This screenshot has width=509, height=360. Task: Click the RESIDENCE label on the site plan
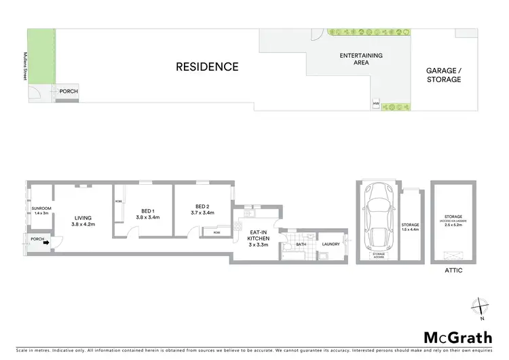[x=207, y=67]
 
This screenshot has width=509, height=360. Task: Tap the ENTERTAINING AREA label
[x=343, y=59]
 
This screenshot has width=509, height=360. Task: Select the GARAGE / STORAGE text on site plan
[x=443, y=75]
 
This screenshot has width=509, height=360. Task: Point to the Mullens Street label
[x=23, y=67]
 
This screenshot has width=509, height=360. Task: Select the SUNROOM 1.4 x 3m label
[x=39, y=211]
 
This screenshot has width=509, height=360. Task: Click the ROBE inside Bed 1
[x=118, y=202]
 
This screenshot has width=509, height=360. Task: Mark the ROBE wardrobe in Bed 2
[x=216, y=232]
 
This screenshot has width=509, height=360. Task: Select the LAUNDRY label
[x=331, y=245]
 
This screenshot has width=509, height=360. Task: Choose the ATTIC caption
[x=453, y=270]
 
